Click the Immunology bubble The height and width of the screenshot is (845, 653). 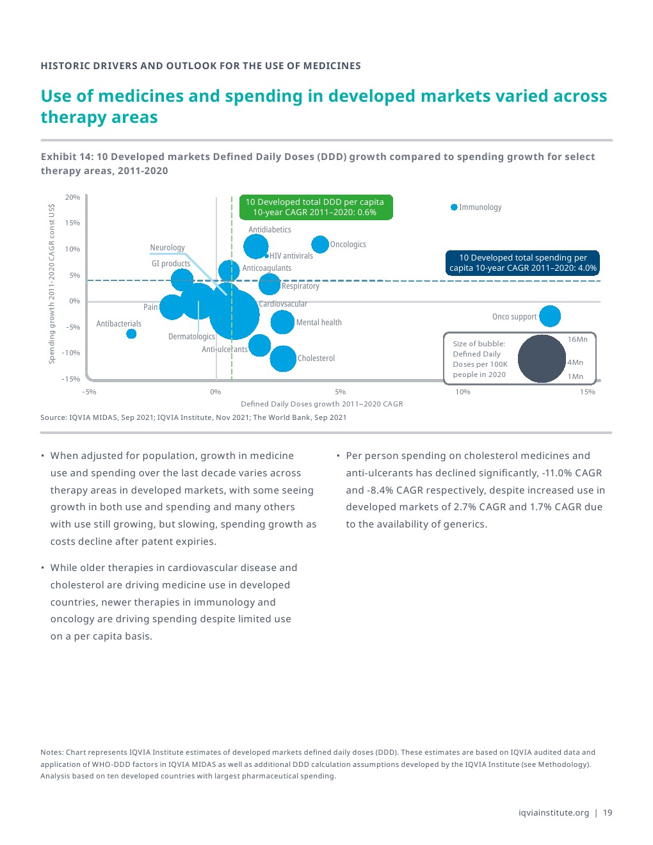pos(454,207)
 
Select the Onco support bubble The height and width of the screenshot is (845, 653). pos(549,316)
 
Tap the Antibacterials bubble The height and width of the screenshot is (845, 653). pos(131,334)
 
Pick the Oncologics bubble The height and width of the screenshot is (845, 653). pos(320,244)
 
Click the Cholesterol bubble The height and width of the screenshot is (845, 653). pos(283,358)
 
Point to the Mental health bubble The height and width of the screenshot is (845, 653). pos(282,322)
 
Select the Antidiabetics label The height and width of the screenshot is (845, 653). pos(270,230)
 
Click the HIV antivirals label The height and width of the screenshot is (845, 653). pos(291,256)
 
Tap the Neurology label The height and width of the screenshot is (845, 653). pos(167,248)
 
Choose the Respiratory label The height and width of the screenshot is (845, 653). pos(300,286)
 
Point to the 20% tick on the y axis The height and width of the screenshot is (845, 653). pos(72,197)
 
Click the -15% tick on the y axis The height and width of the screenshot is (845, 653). pos(71,379)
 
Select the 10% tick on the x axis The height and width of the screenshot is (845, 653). pos(463,392)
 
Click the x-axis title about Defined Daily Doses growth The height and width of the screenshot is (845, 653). pos(321,404)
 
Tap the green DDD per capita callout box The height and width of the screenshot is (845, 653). pos(315,207)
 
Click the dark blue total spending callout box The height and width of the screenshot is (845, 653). pos(522,263)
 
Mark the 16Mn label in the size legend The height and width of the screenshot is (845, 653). pos(577,339)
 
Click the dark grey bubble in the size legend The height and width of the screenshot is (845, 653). pos(542,359)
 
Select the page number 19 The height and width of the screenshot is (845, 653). pos(608,813)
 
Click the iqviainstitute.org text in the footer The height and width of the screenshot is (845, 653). pos(553,813)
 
